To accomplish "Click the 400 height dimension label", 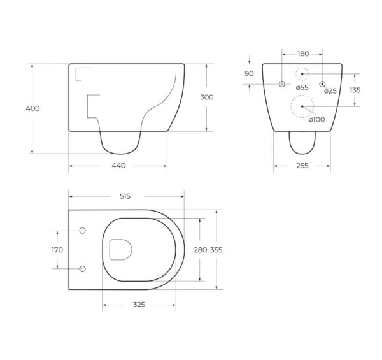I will tap(32, 108).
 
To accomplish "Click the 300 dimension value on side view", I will tap(206, 97).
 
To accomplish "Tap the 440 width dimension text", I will tap(118, 166).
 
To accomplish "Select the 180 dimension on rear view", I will tap(302, 54).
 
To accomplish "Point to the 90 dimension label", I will tap(249, 73).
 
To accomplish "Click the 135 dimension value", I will tap(355, 90).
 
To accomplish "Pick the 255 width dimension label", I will tap(302, 166).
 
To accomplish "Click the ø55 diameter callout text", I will tap(302, 87).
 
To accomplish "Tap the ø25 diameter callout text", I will tap(330, 91).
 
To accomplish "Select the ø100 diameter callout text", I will tap(316, 119).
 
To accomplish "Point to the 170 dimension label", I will tap(57, 250).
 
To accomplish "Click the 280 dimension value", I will tap(200, 250).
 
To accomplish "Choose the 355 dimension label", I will tap(217, 250).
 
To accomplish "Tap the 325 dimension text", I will tap(139, 305).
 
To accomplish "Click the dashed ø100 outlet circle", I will tap(302, 106).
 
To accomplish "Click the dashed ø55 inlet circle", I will tap(302, 74).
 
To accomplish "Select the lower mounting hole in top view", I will tap(81, 269).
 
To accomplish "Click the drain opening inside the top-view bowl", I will tap(120, 249).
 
